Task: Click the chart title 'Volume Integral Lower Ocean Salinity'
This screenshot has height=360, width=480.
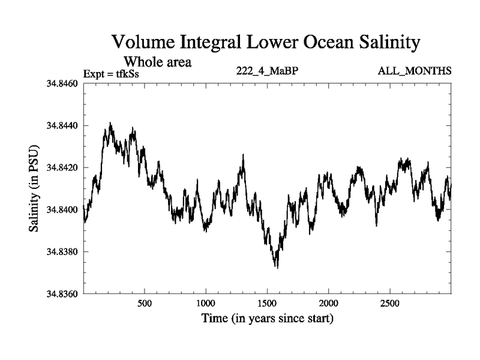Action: [x=265, y=43]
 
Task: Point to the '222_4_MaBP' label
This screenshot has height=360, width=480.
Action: [x=268, y=71]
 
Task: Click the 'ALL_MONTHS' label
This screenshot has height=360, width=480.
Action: [x=415, y=71]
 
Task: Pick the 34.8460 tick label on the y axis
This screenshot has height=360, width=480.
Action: [x=61, y=83]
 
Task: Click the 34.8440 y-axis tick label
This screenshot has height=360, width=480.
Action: [x=61, y=125]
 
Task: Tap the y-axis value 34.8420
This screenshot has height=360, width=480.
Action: [x=61, y=167]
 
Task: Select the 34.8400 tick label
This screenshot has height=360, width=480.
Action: [x=61, y=209]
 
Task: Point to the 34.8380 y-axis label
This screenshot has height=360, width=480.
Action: [x=61, y=251]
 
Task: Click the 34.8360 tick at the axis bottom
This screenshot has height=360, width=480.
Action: [x=61, y=293]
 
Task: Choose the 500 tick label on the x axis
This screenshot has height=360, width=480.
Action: [x=145, y=303]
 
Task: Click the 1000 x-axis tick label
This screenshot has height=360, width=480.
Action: [x=206, y=303]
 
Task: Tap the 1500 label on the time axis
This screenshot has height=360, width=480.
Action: [x=267, y=303]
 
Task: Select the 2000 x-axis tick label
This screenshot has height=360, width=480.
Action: [x=329, y=303]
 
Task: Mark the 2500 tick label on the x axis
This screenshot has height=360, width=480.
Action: [x=390, y=303]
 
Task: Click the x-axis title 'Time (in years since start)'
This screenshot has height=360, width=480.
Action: [x=267, y=319]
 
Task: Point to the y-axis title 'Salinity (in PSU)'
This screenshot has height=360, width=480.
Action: [x=34, y=188]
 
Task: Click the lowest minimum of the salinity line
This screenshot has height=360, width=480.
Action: [x=277, y=268]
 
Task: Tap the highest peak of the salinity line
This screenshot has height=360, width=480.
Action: [x=110, y=122]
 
